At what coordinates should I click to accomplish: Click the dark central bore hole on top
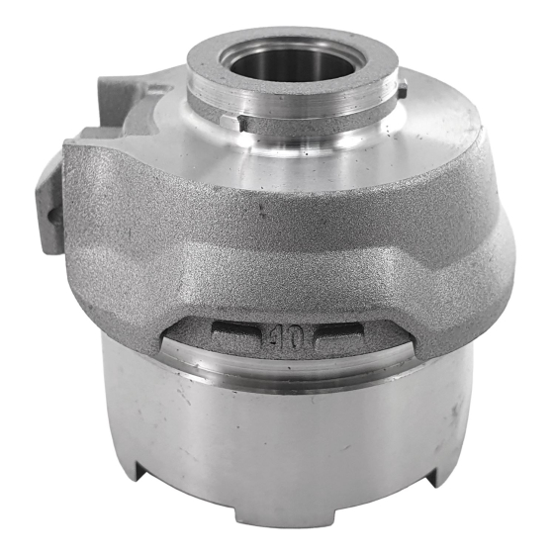pyautogui.click(x=292, y=65)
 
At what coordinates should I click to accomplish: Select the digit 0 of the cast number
pyautogui.click(x=296, y=336)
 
